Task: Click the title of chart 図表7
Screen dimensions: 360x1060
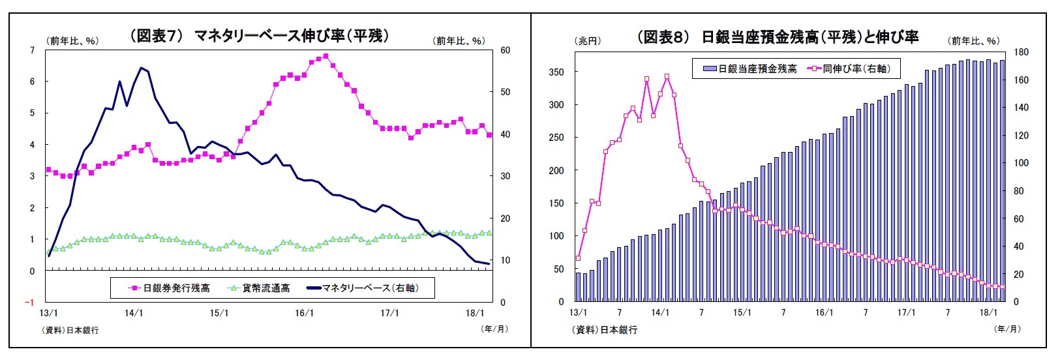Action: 259,37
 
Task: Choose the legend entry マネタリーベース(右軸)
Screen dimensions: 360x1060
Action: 370,288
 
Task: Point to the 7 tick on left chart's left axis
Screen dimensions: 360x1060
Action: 33,50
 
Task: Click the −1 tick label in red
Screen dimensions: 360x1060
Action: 29,303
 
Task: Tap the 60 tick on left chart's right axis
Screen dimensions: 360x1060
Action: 505,50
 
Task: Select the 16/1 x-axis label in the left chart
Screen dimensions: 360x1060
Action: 304,314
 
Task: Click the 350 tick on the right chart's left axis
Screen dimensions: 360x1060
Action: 556,72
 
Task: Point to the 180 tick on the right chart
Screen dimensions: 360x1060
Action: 1021,52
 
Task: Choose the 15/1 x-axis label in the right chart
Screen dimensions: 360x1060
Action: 742,313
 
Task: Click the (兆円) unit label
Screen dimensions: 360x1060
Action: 588,41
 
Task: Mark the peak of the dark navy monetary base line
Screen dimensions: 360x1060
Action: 140,67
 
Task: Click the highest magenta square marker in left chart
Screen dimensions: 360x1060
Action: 326,56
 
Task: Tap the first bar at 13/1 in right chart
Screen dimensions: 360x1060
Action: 578,287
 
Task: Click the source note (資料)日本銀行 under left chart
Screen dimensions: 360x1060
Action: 71,330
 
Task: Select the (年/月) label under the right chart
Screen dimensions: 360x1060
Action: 1007,329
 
